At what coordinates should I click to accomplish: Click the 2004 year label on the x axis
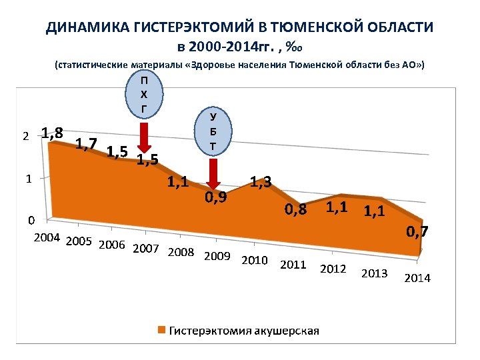coord(47,237)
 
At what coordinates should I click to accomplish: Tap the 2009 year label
coord(217,257)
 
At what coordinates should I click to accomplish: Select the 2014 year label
coord(417,278)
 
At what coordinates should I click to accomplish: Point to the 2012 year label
coord(333,269)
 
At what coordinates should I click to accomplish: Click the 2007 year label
coord(146,249)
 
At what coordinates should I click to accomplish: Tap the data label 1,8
coord(52,132)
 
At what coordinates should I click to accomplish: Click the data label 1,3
coord(260,181)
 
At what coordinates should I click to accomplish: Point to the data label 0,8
coord(295,210)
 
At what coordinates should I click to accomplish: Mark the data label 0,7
coord(418,232)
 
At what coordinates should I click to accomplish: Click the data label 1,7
coord(87,142)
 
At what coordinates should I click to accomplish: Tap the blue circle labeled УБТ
coord(213,130)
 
